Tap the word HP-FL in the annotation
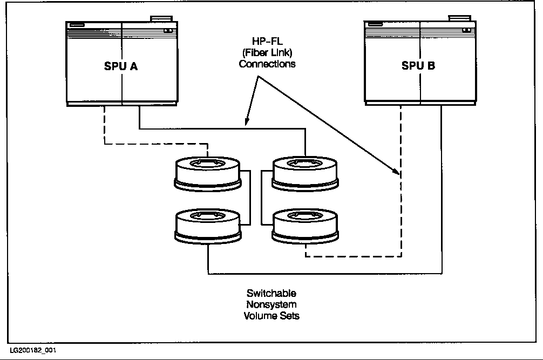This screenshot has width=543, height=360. pyautogui.click(x=267, y=42)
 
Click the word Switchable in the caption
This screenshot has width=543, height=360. pyautogui.click(x=271, y=294)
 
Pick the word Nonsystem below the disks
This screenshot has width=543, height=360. pyautogui.click(x=271, y=304)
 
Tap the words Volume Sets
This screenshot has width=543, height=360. pyautogui.click(x=271, y=315)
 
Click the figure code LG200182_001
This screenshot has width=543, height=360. pyautogui.click(x=32, y=351)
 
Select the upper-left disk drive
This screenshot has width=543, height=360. pyautogui.click(x=208, y=174)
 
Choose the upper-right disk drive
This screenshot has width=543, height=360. pyautogui.click(x=305, y=174)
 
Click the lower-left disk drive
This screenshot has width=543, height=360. pyautogui.click(x=208, y=227)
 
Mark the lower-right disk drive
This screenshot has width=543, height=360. pyautogui.click(x=305, y=227)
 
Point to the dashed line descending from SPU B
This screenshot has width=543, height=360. pyautogui.click(x=401, y=205)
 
